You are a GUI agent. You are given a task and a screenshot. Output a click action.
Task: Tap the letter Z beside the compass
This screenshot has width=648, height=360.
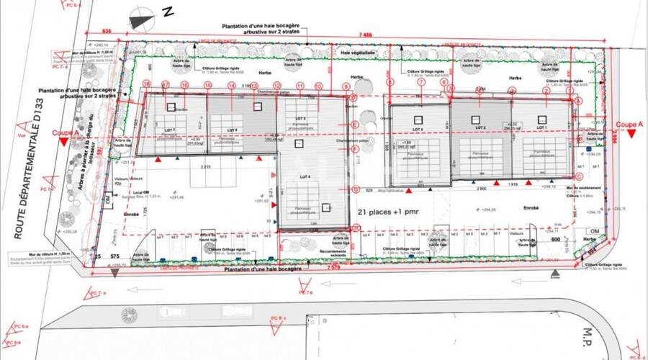168,12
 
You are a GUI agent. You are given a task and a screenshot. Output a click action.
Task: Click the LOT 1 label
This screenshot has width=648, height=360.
541,127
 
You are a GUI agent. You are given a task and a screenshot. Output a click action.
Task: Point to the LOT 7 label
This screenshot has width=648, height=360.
168,129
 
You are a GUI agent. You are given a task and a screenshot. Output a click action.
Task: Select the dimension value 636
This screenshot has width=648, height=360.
107,31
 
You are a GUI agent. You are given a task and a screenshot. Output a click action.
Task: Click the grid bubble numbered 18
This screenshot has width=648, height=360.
145,84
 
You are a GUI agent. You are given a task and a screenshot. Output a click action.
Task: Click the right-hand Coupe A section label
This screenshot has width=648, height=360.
630,124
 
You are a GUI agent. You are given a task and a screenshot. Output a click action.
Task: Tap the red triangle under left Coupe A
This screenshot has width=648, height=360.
66,144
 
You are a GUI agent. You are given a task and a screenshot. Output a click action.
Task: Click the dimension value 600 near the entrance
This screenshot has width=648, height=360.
555,240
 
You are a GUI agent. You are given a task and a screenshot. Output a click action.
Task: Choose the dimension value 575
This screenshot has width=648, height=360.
114,256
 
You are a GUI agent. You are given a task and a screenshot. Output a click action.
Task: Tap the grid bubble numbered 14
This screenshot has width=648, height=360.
232,85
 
